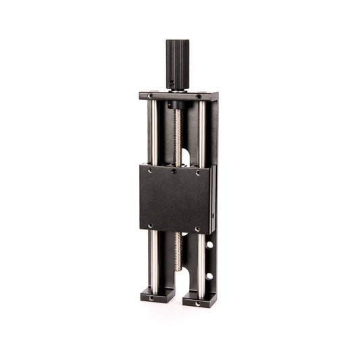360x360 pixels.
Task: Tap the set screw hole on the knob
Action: click(174, 85)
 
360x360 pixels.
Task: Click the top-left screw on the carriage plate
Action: click(150, 172)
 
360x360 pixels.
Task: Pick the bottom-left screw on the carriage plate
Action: click(150, 226)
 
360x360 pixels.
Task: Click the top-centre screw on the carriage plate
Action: click(174, 171)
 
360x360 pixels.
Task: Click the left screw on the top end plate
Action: click(150, 97)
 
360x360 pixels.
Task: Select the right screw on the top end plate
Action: click(198, 97)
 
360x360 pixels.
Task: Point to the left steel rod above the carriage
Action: click(153, 132)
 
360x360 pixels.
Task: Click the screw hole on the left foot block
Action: click(151, 298)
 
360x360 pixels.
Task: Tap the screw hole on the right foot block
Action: click(198, 303)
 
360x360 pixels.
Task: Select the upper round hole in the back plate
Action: click(209, 244)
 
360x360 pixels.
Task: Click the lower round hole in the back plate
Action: click(209, 276)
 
